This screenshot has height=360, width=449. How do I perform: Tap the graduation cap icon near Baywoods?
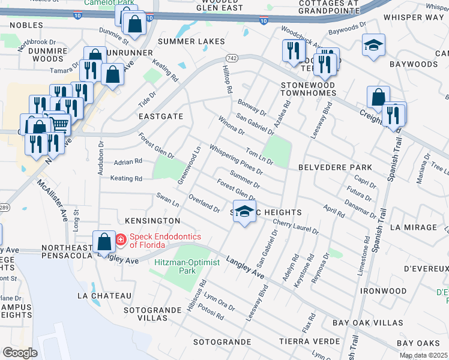click(373, 46)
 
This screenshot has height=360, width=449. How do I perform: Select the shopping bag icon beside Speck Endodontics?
click(104, 241)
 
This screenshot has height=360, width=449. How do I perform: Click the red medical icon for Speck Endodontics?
click(121, 240)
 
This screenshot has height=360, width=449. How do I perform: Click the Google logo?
click(20, 353)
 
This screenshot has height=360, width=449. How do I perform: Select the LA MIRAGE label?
click(413, 227)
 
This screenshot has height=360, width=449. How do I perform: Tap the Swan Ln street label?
click(167, 200)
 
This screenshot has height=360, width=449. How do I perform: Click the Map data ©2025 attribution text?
click(423, 355)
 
